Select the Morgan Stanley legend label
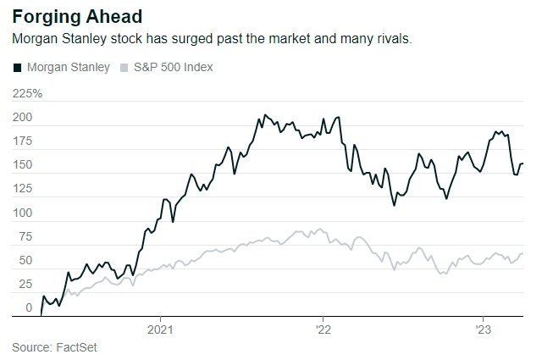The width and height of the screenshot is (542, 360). [69, 67]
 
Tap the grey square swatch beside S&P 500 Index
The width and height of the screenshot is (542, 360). [125, 67]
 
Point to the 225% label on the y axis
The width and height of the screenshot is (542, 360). [27, 94]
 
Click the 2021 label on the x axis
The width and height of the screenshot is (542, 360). [161, 328]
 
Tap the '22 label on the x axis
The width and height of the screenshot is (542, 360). [322, 328]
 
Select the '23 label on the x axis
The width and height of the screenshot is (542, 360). [483, 328]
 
